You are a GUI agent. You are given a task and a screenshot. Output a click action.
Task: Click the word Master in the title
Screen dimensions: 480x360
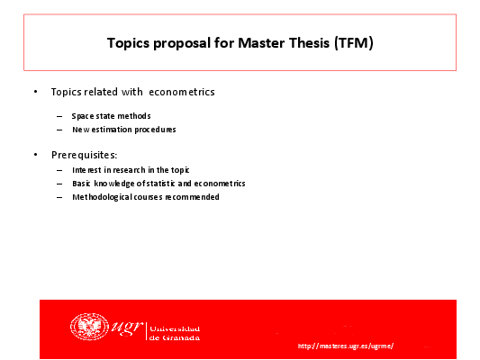point(261,43)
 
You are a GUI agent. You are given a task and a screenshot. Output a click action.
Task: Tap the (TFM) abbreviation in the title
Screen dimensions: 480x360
point(354,43)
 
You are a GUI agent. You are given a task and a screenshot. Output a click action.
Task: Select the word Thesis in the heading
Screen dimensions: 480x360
point(309,43)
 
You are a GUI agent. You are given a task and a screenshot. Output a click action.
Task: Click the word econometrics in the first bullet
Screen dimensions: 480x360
point(182,92)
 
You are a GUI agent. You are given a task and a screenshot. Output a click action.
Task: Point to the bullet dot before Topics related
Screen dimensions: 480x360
point(35,92)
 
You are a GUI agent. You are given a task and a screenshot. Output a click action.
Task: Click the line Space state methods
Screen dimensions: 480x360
point(111,116)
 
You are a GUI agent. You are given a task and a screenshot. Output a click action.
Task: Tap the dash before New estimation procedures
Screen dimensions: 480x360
point(59,130)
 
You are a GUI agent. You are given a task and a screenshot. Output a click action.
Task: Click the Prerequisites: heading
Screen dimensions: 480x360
point(84,155)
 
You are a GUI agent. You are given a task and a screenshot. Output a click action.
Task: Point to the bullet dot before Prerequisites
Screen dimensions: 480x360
point(35,155)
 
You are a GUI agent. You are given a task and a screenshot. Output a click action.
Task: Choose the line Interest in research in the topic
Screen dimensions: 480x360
point(131,170)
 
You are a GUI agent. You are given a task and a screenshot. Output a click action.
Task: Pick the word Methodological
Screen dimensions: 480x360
point(103,197)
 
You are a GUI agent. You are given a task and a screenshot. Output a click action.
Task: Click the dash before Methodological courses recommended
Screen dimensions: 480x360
point(59,197)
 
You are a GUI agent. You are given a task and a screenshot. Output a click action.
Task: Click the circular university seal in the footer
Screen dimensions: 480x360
point(89,327)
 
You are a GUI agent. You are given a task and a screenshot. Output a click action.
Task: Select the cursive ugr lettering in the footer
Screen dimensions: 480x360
point(126,328)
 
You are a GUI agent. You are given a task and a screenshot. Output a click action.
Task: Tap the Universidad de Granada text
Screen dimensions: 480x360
point(175,333)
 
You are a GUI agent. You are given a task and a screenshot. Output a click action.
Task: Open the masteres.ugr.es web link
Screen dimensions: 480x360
point(346,346)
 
